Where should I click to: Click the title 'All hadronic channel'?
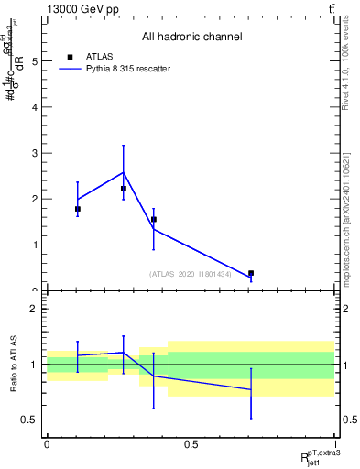(x=191, y=38)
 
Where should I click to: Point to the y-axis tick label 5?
(x=34, y=61)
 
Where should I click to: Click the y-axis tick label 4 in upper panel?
(x=34, y=107)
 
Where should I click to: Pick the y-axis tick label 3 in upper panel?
(x=34, y=153)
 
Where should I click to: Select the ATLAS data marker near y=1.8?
(x=78, y=209)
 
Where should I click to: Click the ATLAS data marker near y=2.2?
(x=124, y=189)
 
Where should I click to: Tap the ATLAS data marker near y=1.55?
(x=154, y=220)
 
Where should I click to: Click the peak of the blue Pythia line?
(x=124, y=172)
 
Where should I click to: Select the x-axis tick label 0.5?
(x=191, y=444)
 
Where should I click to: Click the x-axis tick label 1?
(x=334, y=444)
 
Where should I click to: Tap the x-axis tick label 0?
(x=47, y=444)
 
